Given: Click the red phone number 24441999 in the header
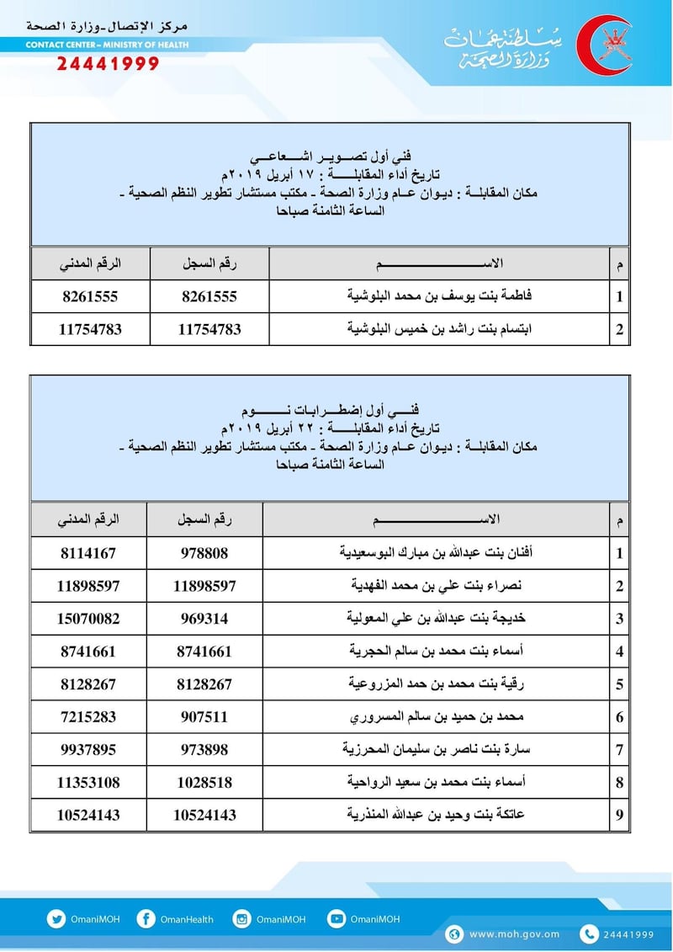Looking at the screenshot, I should tap(108, 64).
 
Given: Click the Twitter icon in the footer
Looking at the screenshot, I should tap(56, 919).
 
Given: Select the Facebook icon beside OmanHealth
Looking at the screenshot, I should tap(146, 919).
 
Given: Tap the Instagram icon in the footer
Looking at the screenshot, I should tap(241, 919).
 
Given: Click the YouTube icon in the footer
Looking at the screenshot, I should tap(336, 919).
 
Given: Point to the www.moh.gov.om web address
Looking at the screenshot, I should tap(515, 933).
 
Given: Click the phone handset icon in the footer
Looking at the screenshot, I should tap(590, 933).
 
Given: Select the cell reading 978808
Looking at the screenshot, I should tap(205, 553).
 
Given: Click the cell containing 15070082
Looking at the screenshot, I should tap(89, 619).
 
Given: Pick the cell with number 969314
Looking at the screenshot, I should tap(205, 619).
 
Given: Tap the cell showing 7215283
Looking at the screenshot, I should tap(89, 717).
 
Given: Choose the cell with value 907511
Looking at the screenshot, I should tap(205, 717).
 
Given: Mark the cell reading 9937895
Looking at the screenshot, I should tap(89, 750).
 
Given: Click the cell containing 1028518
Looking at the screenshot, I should tap(205, 783).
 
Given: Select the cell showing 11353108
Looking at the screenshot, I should tap(89, 783).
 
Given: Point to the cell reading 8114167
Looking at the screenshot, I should tap(89, 553).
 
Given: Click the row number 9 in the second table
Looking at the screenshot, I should tap(620, 816).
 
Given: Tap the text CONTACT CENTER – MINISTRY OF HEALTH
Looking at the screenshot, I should tap(107, 45).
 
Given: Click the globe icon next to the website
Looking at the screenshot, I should tap(455, 933).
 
